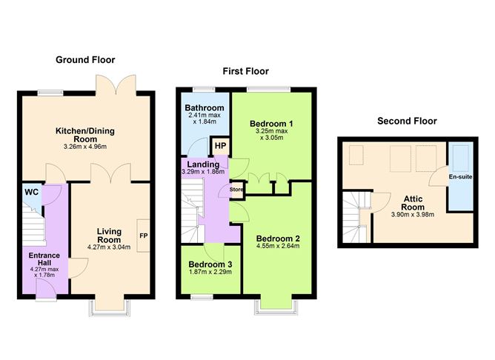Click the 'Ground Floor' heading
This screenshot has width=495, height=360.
tap(85, 60)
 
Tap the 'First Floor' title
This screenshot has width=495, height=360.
tap(245, 71)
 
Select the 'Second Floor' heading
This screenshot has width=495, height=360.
tap(408, 121)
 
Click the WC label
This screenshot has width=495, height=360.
tap(32, 192)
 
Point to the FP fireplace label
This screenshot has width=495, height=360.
tap(144, 236)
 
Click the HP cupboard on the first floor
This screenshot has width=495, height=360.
tap(220, 146)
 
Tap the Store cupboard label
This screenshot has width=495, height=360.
tap(236, 190)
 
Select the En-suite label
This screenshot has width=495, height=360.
tap(461, 177)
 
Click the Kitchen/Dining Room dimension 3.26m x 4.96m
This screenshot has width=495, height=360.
tap(85, 147)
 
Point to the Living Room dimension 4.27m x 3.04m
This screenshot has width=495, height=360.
tap(109, 247)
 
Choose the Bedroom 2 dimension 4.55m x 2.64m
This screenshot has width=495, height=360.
tap(278, 246)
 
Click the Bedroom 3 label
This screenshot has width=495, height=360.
tap(210, 264)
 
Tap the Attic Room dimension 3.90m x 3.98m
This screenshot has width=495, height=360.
tap(413, 215)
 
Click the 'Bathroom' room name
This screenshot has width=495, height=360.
tap(205, 108)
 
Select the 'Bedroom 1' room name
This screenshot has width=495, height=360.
tap(271, 124)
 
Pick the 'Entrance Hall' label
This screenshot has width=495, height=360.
tap(44, 259)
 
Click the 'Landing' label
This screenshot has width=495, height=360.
tap(203, 164)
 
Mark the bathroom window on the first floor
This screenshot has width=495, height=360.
tap(204, 90)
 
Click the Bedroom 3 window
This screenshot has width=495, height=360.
tap(202, 297)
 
